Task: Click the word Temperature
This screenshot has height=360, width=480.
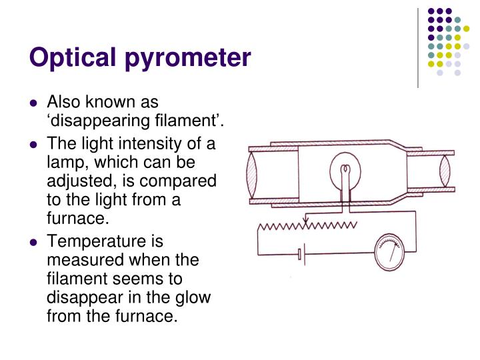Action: coord(89,242)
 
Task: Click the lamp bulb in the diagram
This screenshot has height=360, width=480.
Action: coord(345,172)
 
